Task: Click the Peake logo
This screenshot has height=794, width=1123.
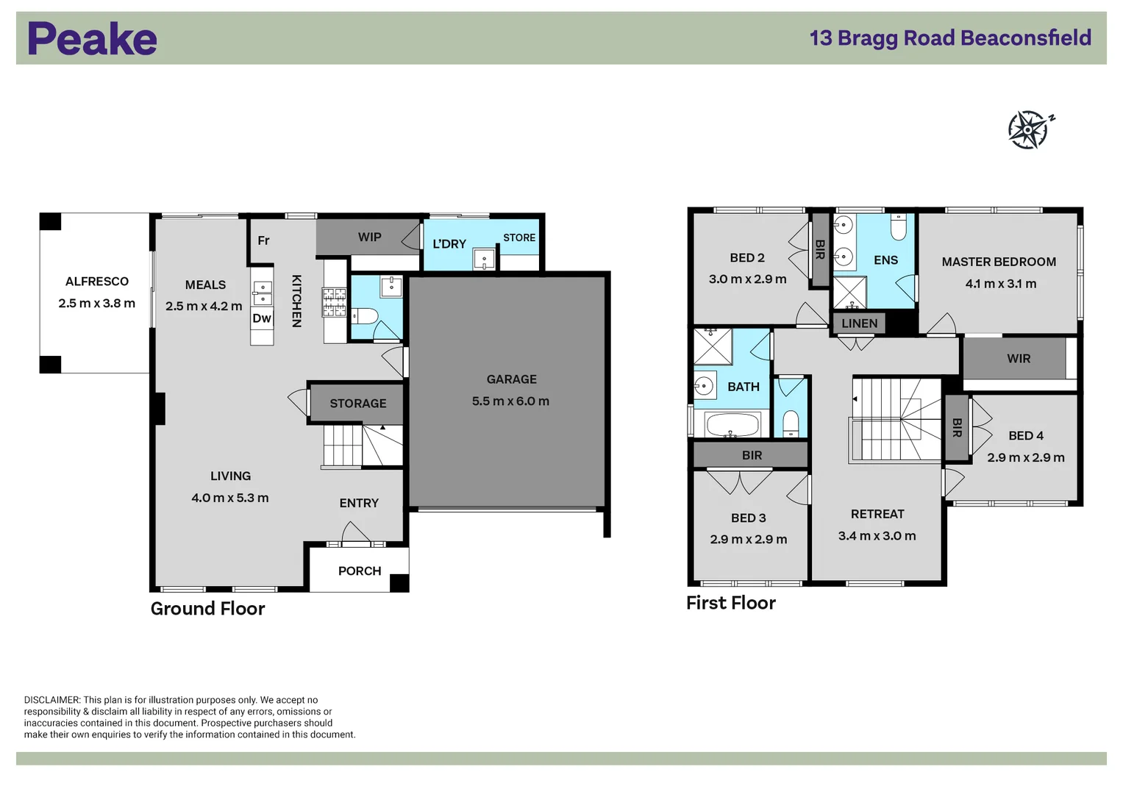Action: (x=92, y=38)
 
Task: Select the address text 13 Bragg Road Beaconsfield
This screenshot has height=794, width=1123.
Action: (x=950, y=38)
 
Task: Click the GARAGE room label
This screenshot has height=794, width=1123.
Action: (x=511, y=379)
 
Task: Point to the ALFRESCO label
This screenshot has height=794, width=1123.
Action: (x=97, y=282)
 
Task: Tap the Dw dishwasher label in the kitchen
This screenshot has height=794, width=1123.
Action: (x=262, y=318)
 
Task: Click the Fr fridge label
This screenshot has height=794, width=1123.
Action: (x=264, y=240)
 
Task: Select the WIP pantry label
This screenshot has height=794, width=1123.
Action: (x=369, y=237)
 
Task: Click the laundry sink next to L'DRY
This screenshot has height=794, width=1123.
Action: (x=485, y=259)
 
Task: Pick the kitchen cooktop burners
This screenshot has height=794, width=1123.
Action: (x=334, y=301)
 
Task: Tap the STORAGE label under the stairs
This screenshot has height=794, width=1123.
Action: (x=358, y=404)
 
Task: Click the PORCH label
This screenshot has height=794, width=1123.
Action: (x=360, y=571)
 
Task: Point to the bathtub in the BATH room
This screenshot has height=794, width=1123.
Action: (x=732, y=425)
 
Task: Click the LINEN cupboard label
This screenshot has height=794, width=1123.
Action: (x=859, y=323)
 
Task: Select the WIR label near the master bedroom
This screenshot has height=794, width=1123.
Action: (x=1019, y=359)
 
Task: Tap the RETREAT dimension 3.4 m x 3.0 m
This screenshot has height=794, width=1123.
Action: (x=877, y=536)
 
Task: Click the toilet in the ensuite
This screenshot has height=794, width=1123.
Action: (x=899, y=227)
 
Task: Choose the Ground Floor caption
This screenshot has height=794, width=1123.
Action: (x=207, y=609)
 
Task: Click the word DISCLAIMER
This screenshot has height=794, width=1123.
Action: (x=52, y=700)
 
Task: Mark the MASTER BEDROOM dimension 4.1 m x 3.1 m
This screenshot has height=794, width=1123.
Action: (x=1001, y=284)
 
